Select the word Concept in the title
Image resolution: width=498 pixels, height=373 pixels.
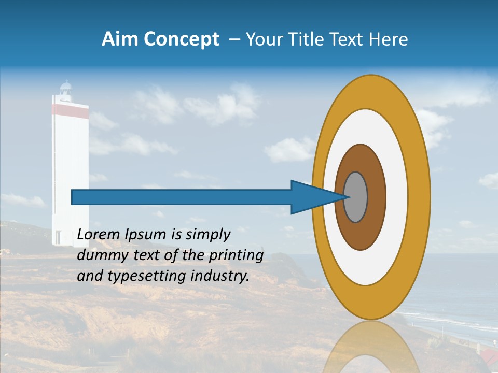coord(182,39)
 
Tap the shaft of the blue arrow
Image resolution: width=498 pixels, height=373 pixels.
coord(182,197)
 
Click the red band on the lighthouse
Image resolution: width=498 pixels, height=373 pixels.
coord(70,109)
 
